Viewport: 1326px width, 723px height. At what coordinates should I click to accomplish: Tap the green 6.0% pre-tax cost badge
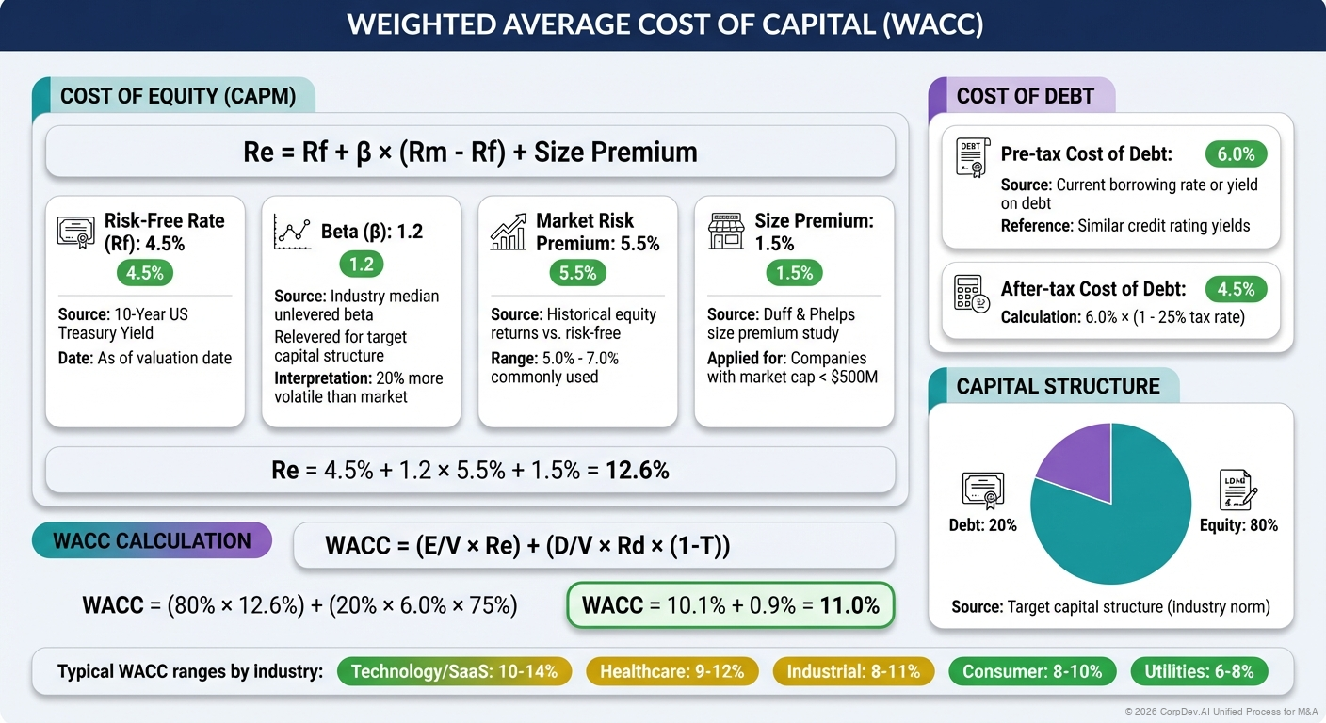coord(1236,154)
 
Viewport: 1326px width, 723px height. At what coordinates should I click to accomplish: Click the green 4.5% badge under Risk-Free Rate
coord(146,274)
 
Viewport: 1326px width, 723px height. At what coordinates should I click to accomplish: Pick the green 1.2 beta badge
coord(362,265)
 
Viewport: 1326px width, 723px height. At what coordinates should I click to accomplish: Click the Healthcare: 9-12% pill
coord(671,671)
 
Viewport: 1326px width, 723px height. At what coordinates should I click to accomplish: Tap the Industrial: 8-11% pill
coord(853,671)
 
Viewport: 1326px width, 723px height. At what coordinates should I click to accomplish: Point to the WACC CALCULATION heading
coord(152,541)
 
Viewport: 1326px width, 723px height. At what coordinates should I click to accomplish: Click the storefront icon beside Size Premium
coord(726,231)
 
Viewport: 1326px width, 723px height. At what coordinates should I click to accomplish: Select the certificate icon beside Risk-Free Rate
coord(76,232)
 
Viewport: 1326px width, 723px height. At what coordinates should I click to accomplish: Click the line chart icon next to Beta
coord(292,232)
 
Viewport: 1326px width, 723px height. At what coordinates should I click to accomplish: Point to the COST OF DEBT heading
coord(1025,96)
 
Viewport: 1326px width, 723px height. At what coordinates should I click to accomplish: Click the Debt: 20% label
coord(982,524)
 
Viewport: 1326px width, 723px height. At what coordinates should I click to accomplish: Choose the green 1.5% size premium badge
coord(794,274)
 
